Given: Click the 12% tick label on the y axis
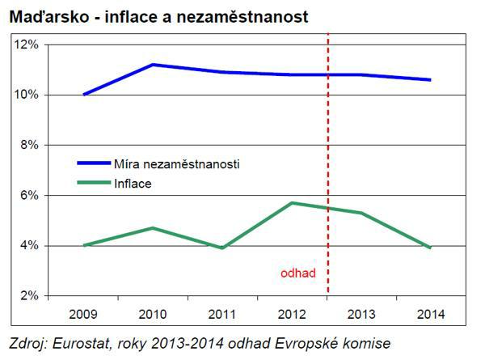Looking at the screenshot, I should pyautogui.click(x=27, y=44).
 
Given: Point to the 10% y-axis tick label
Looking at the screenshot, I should pyautogui.click(x=27, y=95).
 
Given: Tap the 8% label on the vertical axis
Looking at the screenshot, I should pyautogui.click(x=29, y=145).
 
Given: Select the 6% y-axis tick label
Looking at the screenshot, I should pyautogui.click(x=29, y=195).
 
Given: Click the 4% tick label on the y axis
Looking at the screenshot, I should pyautogui.click(x=29, y=245).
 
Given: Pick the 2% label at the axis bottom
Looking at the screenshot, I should pyautogui.click(x=29, y=295).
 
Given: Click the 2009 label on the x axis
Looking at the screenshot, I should pyautogui.click(x=84, y=311).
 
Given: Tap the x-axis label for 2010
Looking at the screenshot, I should pyautogui.click(x=153, y=311).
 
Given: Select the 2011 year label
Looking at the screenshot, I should pyautogui.click(x=221, y=311).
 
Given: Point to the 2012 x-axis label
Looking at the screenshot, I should pyautogui.click(x=290, y=311).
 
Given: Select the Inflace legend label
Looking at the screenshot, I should pyautogui.click(x=133, y=184).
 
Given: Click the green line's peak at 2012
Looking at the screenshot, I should pyautogui.click(x=290, y=202).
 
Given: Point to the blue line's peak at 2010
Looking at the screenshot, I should pyautogui.click(x=153, y=65).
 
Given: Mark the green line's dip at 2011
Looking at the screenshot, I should pyautogui.click(x=221, y=248).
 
